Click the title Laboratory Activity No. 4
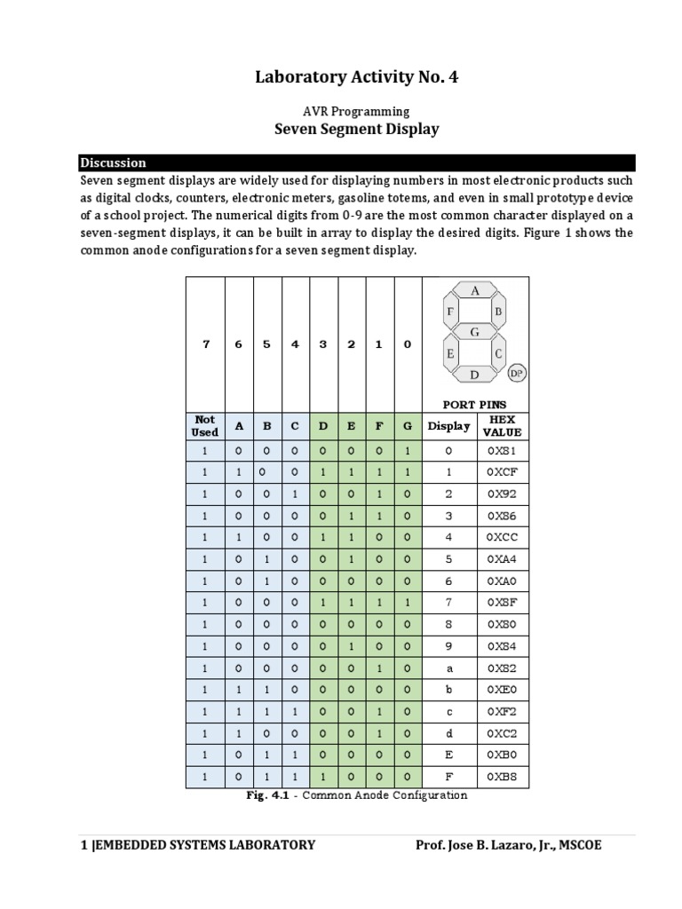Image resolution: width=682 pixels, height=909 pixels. click(356, 78)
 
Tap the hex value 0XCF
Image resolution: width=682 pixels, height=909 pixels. click(502, 472)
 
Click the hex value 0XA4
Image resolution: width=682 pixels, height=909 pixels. click(502, 559)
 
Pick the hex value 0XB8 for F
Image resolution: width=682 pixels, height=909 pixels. click(502, 777)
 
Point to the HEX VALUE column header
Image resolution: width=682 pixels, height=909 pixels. click(502, 425)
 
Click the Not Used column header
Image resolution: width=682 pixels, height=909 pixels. click(204, 425)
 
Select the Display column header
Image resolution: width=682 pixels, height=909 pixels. click(448, 426)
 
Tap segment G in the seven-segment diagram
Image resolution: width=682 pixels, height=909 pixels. click(475, 332)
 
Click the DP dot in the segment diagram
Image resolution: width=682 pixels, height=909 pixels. click(516, 374)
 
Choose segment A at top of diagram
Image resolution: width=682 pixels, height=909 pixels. click(475, 290)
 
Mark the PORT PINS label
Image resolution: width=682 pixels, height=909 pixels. click(476, 404)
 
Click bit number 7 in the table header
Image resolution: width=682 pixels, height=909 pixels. click(205, 344)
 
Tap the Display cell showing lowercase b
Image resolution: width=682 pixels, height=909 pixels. click(448, 690)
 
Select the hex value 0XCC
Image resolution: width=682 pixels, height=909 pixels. click(502, 538)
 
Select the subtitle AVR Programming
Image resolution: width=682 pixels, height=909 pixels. click(356, 111)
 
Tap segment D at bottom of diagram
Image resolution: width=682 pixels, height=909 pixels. click(475, 375)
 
